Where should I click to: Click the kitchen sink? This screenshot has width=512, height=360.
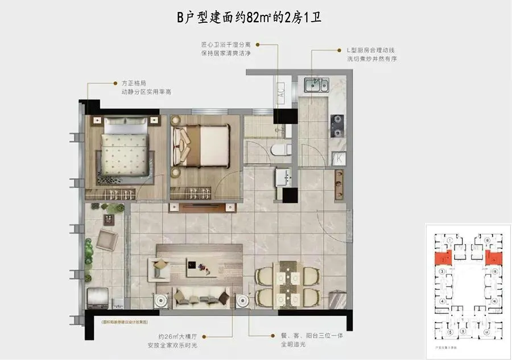click(x=315, y=85)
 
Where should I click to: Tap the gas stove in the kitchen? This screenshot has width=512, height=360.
click(x=338, y=121)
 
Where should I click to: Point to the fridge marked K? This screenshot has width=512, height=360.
click(x=338, y=158)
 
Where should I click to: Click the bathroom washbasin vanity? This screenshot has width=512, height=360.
click(x=283, y=177)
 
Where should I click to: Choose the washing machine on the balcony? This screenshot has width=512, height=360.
click(x=98, y=298)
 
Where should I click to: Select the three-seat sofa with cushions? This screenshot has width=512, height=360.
click(x=199, y=297)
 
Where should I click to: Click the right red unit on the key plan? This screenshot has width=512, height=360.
click(x=493, y=258)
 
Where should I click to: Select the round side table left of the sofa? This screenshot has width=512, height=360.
click(x=162, y=300)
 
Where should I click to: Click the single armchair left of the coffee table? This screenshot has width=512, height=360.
click(x=159, y=267)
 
